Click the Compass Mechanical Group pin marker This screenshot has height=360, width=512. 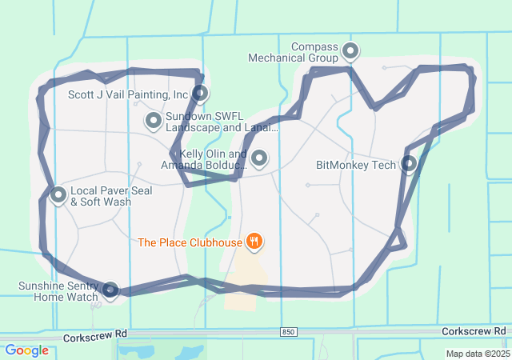[x=350, y=51]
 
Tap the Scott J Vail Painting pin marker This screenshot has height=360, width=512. [x=201, y=94]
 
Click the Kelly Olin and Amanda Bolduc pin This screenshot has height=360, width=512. [x=259, y=158]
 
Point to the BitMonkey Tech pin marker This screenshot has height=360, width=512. [x=409, y=164]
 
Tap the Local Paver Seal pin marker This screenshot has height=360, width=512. [x=58, y=194]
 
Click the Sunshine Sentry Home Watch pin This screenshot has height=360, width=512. [x=110, y=290]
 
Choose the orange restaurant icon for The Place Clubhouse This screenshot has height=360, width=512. [x=254, y=240]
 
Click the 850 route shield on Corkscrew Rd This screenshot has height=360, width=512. [x=289, y=331]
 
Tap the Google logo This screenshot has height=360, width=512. [x=26, y=350]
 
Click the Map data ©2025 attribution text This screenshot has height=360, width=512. [x=477, y=354]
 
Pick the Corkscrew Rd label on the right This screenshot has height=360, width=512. [x=474, y=330]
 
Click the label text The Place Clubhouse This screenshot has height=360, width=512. [x=190, y=242]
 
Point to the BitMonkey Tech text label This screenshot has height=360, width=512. [x=356, y=166]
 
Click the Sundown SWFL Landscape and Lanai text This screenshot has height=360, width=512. [x=222, y=122]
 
